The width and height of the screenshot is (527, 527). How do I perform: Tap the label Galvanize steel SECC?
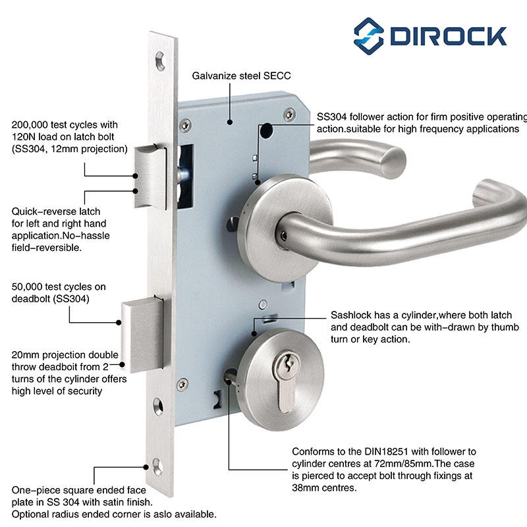point(241,76)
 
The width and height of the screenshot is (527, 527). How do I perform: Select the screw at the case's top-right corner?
point(287,115)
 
